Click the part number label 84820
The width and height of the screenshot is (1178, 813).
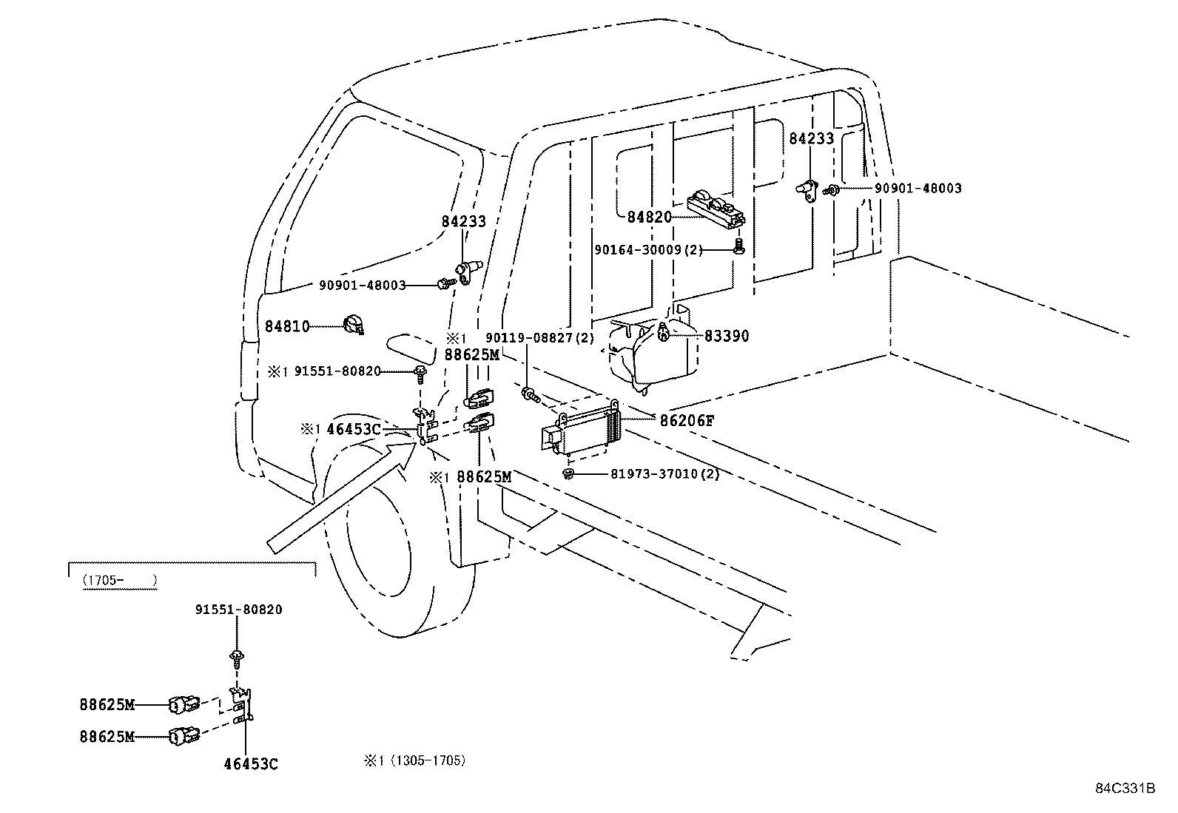click(x=649, y=217)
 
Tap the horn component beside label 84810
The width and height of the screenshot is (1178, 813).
click(x=353, y=325)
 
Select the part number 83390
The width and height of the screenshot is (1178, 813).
click(x=726, y=336)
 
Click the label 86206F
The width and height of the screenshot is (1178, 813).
click(x=687, y=421)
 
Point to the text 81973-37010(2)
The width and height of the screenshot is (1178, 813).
click(x=664, y=473)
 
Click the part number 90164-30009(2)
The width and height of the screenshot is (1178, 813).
click(x=648, y=250)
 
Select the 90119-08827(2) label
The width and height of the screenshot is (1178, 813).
click(x=539, y=338)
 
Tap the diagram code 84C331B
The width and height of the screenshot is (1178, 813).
click(x=1125, y=788)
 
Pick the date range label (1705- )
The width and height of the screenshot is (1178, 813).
click(x=119, y=581)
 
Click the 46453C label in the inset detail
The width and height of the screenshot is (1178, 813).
click(x=251, y=764)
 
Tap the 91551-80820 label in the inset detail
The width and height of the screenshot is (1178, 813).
click(x=238, y=610)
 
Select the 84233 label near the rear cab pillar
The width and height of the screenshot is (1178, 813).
click(x=811, y=138)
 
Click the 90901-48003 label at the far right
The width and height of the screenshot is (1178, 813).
click(x=918, y=189)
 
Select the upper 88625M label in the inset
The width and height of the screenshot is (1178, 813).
click(x=107, y=705)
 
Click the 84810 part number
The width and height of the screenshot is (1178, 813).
click(x=287, y=326)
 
